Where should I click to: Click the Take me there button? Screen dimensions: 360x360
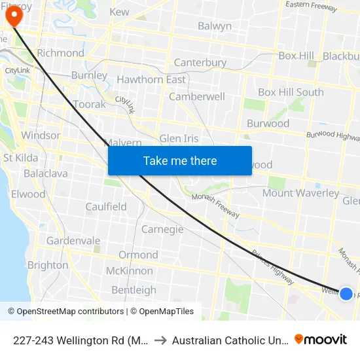[180, 161]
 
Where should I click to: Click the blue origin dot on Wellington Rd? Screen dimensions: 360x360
[346, 294]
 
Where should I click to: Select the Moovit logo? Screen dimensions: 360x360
[321, 339]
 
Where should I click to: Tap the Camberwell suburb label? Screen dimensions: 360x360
[197, 96]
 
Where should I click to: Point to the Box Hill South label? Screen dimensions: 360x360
[291, 92]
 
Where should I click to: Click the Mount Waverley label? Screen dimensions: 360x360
[300, 193]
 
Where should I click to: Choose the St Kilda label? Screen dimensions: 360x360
[21, 158]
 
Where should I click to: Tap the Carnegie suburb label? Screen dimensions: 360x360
[162, 230]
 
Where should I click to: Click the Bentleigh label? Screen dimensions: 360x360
[134, 290]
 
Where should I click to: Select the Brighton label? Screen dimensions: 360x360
[48, 265]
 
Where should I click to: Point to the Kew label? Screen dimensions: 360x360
[119, 12]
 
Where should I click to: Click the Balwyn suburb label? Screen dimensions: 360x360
[214, 26]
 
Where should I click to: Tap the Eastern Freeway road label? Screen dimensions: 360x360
[311, 7]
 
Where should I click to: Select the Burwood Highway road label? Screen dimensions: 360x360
[333, 135]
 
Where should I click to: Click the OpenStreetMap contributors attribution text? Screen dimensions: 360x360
[66, 312]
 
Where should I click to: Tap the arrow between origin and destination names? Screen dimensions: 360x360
[160, 340]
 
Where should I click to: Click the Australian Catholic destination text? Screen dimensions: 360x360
[228, 340]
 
